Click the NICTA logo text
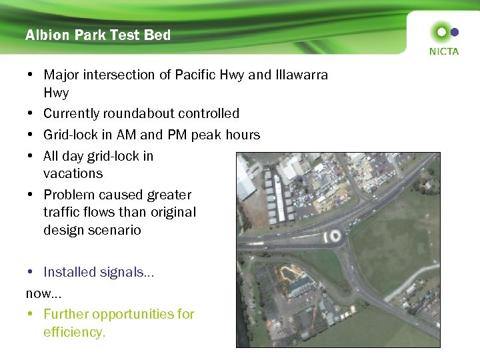pyautogui.click(x=443, y=51)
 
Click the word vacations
pyautogui.click(x=73, y=173)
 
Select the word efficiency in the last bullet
pyautogui.click(x=74, y=332)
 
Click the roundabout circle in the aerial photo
pyautogui.click(x=333, y=235)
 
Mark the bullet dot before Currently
pyautogui.click(x=31, y=114)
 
